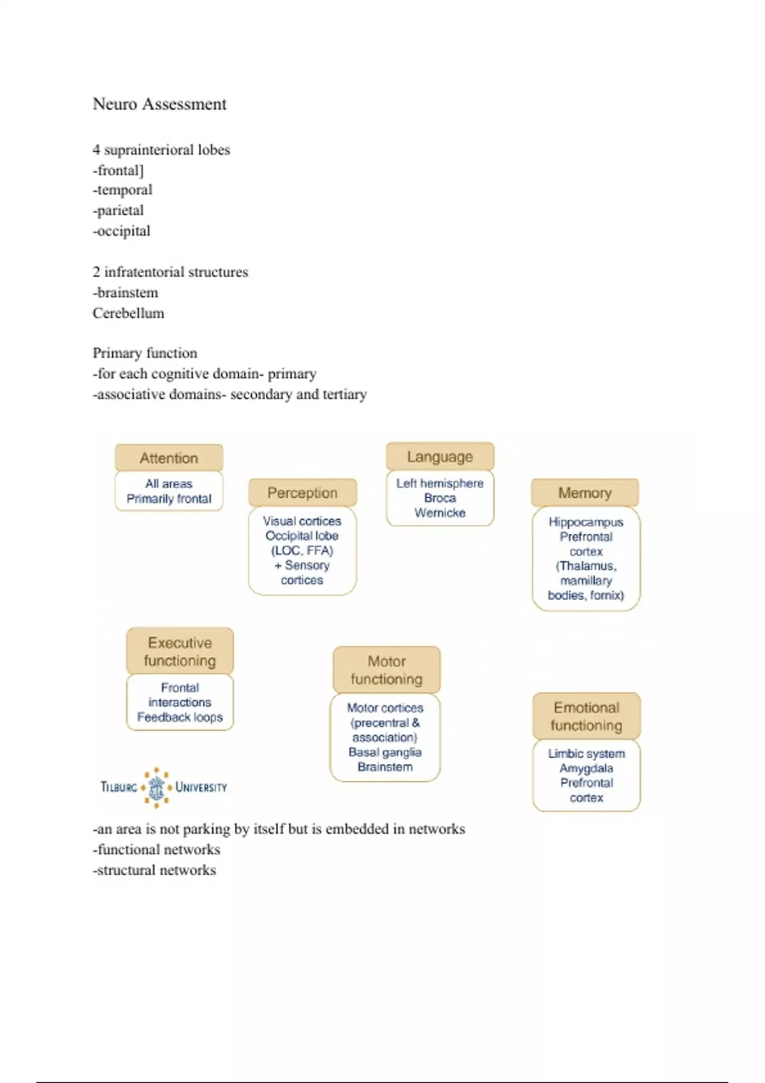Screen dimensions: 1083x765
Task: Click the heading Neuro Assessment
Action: click(159, 104)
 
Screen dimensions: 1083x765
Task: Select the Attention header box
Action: click(169, 457)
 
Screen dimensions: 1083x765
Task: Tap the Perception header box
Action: click(302, 492)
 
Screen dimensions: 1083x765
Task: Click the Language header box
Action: click(440, 456)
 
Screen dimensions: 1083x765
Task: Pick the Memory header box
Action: click(585, 492)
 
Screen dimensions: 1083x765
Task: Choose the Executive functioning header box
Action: click(180, 651)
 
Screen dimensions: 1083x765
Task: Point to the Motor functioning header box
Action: click(386, 670)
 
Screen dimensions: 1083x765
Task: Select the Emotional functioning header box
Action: click(586, 716)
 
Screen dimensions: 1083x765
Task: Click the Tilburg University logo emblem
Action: click(156, 787)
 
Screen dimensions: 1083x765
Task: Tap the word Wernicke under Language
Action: click(440, 513)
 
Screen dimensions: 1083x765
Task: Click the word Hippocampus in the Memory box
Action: click(586, 522)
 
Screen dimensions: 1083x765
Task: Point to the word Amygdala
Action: click(586, 768)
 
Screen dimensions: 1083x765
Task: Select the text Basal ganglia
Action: click(385, 752)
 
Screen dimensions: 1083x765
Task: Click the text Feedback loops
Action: click(180, 717)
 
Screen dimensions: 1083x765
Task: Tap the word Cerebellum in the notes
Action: click(128, 313)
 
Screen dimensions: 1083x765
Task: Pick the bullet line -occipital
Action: click(122, 231)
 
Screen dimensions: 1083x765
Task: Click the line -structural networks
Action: click(154, 870)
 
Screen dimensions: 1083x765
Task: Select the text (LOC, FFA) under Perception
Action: click(302, 550)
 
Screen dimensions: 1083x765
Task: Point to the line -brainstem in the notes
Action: click(126, 292)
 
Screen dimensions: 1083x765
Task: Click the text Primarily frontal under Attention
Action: click(169, 499)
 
